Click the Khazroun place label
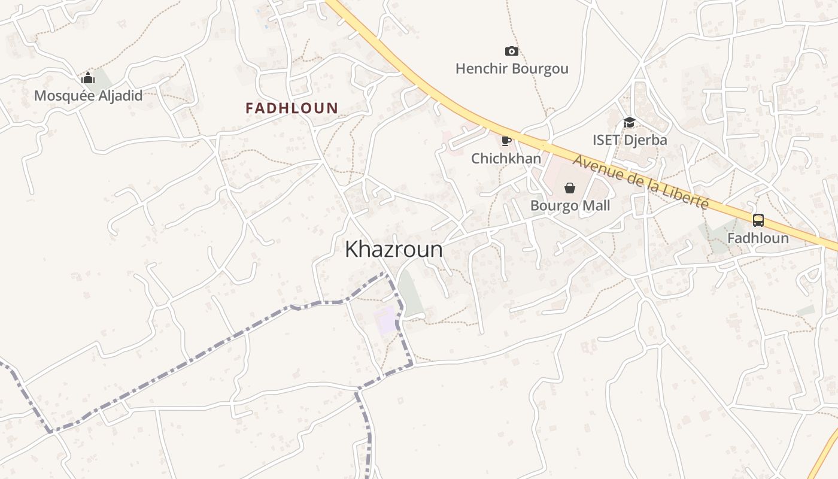click(393, 249)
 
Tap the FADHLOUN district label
click(292, 108)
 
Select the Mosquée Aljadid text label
click(88, 96)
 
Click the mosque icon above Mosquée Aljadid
click(88, 78)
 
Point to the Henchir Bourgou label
click(512, 69)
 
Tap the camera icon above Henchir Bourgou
click(511, 51)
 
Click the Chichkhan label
click(506, 159)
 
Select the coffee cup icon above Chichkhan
click(506, 141)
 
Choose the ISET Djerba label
click(630, 140)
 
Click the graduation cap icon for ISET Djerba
click(629, 123)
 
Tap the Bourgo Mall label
click(570, 206)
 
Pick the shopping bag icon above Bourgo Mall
click(570, 189)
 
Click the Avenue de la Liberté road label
click(640, 181)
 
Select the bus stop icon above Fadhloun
click(758, 220)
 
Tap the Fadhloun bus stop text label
click(758, 238)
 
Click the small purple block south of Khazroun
click(386, 319)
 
